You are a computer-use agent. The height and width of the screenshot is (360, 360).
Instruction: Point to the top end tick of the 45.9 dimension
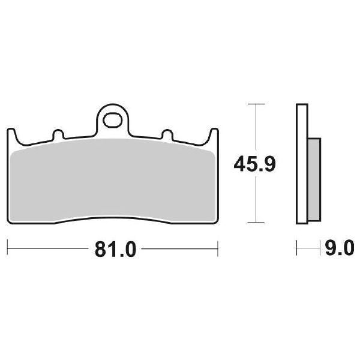click(257, 104)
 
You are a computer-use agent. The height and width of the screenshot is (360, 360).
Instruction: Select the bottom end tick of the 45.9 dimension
click(257, 221)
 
